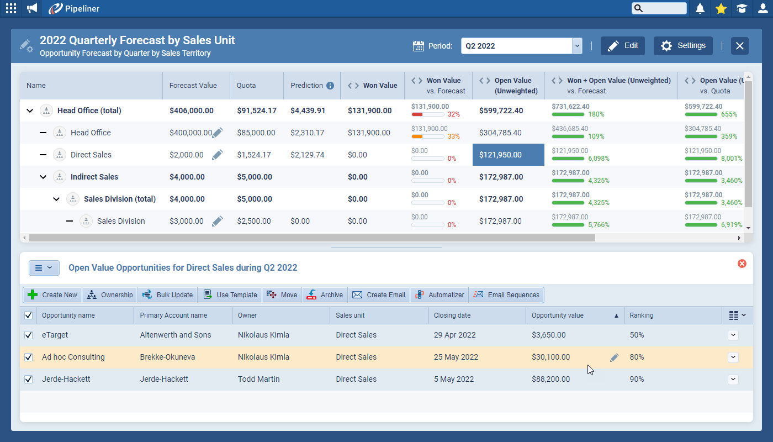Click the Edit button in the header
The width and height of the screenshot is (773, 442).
pos(622,46)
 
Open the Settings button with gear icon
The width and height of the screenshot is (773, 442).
pos(683,46)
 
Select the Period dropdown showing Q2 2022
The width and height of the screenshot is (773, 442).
pos(521,46)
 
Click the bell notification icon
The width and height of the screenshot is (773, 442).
pos(700,8)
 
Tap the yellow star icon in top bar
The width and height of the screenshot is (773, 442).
pos(721,8)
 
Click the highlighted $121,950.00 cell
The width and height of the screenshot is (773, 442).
pos(508,155)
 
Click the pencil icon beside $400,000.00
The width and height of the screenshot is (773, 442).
pos(218,133)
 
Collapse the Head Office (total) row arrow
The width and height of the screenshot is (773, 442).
pos(30,110)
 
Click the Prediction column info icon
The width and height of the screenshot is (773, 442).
pos(330,86)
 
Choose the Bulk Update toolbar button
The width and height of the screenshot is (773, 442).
pos(168,295)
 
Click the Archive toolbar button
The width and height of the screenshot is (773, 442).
pos(325,295)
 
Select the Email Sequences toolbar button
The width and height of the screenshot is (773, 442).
pos(506,295)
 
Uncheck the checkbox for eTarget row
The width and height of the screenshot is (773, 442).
pos(29,335)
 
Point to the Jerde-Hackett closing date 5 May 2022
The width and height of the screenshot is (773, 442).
pos(454,379)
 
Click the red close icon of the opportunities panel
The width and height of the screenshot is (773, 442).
pos(742,264)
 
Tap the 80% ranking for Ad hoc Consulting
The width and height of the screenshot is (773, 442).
pos(637,357)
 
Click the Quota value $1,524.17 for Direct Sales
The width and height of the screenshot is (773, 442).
pos(254,155)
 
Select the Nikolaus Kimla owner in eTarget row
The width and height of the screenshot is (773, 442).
pos(263,335)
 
